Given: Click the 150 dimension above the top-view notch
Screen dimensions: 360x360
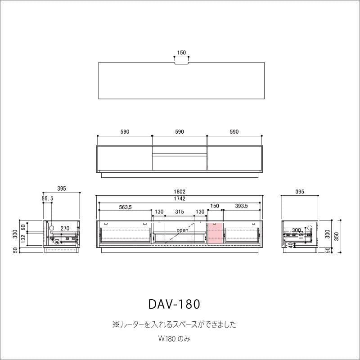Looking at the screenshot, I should [x=181, y=53].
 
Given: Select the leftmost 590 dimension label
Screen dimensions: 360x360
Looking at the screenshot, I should [x=125, y=132].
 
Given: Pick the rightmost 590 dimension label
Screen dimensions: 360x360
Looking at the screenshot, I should [x=234, y=132].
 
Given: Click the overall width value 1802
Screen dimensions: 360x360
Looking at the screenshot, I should [x=180, y=192].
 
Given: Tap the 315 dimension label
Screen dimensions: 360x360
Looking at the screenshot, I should [x=179, y=211].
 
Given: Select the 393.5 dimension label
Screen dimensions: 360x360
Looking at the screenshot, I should [x=241, y=206].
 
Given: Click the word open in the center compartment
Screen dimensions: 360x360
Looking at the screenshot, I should [x=182, y=230].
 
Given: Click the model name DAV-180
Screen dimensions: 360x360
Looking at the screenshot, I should [x=174, y=304].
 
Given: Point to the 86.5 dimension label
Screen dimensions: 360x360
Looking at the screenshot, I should [x=48, y=198].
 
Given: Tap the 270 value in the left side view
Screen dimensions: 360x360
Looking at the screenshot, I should [x=64, y=228].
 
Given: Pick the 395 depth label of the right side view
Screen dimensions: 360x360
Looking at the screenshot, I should [x=300, y=192].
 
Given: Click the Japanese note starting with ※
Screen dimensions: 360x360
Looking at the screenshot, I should [x=174, y=324].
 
